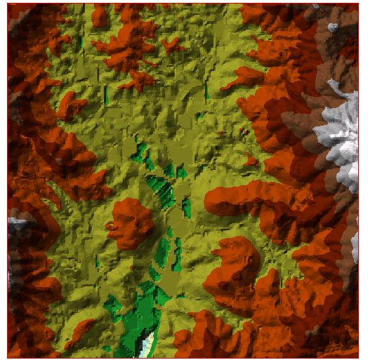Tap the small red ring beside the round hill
pos(110,226)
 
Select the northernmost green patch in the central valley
pos(143,150)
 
